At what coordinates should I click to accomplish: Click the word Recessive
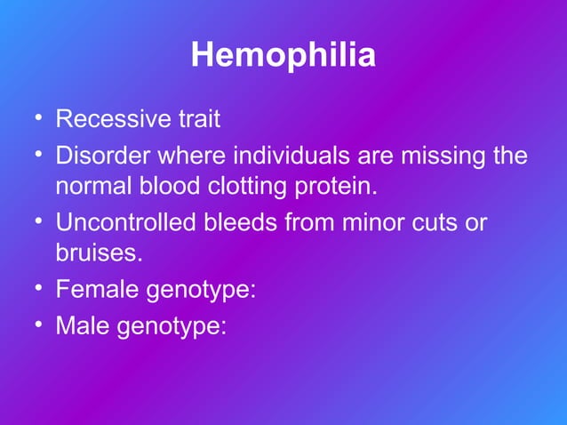[109, 119]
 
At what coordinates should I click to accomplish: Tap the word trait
[195, 119]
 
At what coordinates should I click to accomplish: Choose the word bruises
[98, 253]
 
